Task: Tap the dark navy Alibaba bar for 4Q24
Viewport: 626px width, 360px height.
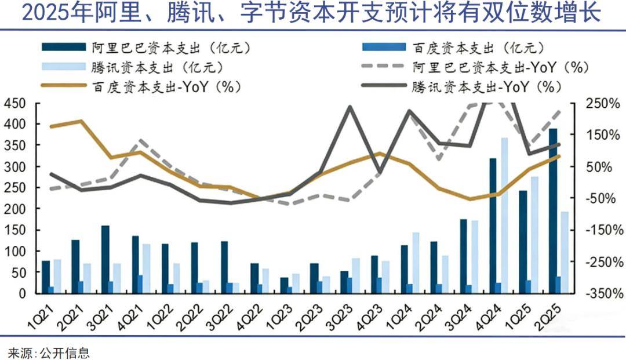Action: (493, 226)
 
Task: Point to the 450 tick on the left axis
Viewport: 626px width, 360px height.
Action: (14, 103)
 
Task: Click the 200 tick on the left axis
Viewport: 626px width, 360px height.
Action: (14, 209)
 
